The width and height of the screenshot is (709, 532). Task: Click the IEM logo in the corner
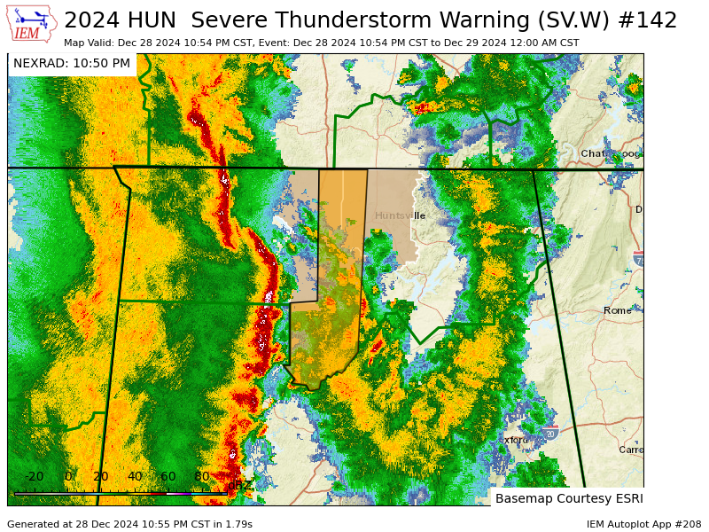coord(30,24)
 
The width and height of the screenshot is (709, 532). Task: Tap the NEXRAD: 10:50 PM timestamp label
coord(72,64)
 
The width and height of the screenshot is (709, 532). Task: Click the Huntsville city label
coord(400,215)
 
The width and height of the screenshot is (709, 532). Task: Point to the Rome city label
coord(617,310)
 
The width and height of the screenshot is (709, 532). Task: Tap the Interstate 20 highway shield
coord(550,432)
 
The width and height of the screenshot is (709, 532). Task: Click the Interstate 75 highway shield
coord(639,259)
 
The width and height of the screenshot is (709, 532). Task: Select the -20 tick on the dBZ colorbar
coord(35,477)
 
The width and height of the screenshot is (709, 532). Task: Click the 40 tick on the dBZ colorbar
coord(135,477)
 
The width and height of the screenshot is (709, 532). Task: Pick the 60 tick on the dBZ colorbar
coord(168,477)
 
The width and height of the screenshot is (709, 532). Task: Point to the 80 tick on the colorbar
coord(202,477)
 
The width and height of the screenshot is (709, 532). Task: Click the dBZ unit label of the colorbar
coord(238,485)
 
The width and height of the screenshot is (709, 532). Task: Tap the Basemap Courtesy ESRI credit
coord(569,498)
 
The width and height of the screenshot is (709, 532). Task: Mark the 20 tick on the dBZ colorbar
coord(101,477)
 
